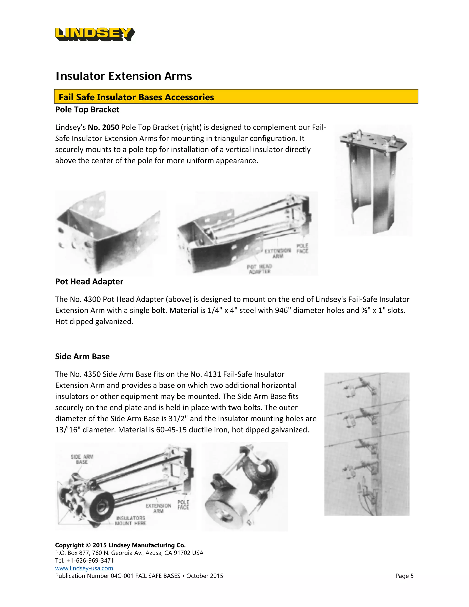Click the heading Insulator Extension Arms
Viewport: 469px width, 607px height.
point(124,76)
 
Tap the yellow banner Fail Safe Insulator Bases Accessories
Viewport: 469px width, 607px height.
point(236,97)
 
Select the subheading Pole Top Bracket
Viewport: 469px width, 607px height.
point(87,109)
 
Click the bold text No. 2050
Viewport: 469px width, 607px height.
point(103,127)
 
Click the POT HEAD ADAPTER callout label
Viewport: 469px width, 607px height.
point(259,269)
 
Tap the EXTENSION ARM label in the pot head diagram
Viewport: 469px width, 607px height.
point(278,253)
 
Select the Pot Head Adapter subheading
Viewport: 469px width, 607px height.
point(89,282)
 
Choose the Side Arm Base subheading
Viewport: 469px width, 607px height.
point(82,357)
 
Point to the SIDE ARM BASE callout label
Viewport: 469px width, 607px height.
point(82,459)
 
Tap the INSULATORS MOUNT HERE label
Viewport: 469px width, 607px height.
point(131,521)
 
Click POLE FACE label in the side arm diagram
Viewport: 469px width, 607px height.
point(183,505)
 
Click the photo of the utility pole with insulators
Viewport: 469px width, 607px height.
point(367,444)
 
